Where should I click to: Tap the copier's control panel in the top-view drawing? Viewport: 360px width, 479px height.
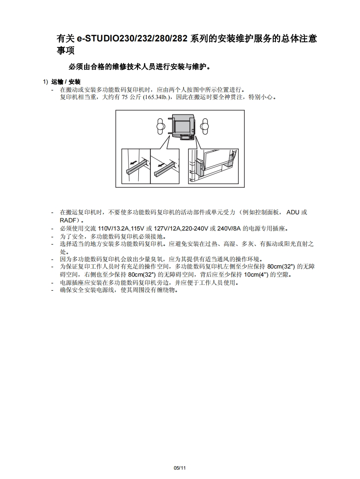coord(187,138)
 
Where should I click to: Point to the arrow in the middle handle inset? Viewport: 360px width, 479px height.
coord(160,165)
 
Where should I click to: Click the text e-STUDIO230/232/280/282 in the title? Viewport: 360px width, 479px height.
coord(132,39)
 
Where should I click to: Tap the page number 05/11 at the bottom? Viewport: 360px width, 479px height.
coord(180,468)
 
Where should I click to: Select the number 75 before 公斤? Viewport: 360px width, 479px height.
coord(125,97)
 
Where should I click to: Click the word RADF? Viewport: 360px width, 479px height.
coord(67,220)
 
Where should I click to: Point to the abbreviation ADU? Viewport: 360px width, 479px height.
coord(293,212)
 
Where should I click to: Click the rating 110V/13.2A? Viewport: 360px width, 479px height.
coord(113,228)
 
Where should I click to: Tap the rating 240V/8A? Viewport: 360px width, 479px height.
coord(229,228)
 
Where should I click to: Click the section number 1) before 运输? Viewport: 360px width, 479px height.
coord(46,82)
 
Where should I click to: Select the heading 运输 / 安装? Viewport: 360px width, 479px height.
coord(66,82)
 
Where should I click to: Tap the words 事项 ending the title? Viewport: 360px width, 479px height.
coord(65,50)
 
